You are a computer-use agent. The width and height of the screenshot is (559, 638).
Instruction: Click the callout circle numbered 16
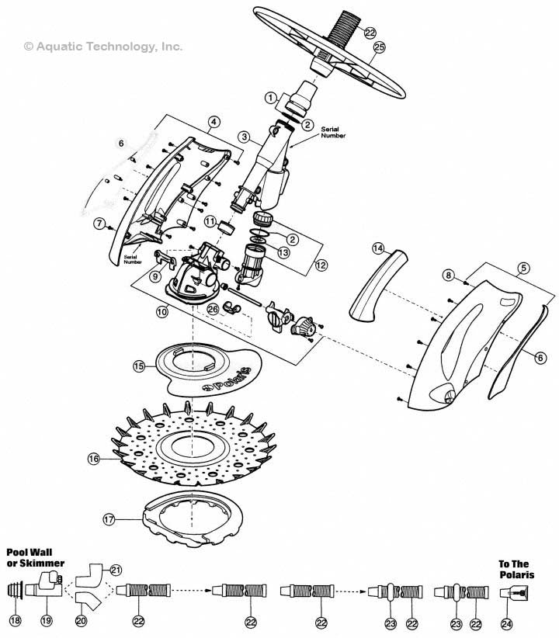(x=93, y=459)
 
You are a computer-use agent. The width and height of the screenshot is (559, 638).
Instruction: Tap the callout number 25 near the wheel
(x=379, y=47)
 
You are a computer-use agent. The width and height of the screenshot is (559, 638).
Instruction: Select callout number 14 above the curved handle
(x=378, y=248)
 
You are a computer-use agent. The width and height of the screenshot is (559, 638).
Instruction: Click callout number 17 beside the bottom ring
(x=109, y=518)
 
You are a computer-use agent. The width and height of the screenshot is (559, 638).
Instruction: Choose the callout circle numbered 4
(x=214, y=121)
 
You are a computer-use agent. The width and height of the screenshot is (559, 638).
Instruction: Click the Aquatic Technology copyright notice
(x=104, y=47)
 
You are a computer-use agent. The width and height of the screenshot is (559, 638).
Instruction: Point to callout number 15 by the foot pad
(x=139, y=366)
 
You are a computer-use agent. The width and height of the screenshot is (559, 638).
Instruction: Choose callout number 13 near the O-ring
(x=284, y=252)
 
